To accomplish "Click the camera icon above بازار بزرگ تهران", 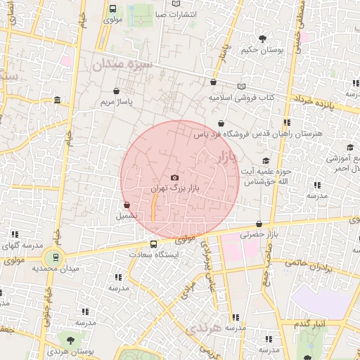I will coord(174,178).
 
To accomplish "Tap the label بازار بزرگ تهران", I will coord(176,189).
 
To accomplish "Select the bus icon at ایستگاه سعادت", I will coord(153,245).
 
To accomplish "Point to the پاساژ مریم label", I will coord(116,102).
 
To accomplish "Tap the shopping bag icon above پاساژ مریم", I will coord(116,91).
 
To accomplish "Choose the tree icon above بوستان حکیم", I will coord(262,39).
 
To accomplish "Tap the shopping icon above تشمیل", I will coord(127,205).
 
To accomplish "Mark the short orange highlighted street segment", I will coord(153,207).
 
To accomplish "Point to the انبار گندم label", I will coord(311,323).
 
